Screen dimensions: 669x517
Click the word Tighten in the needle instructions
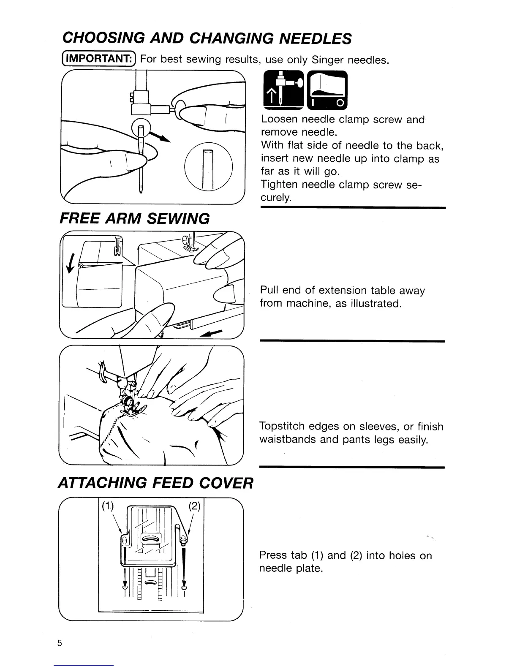coord(280,185)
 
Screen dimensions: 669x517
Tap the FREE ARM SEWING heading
coord(135,218)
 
